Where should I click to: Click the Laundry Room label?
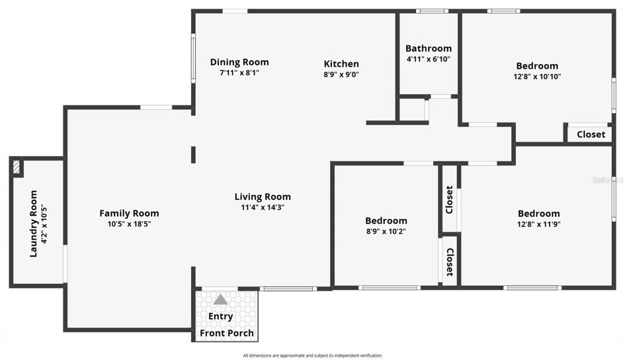pyautogui.click(x=33, y=224)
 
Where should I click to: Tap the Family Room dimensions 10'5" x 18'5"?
pyautogui.click(x=129, y=224)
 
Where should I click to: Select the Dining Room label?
pyautogui.click(x=239, y=62)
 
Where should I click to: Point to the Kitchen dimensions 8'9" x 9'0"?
pyautogui.click(x=341, y=75)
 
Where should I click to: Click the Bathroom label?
pyautogui.click(x=428, y=48)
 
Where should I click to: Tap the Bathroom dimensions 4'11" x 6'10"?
pyautogui.click(x=428, y=59)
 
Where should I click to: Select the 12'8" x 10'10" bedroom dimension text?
pyautogui.click(x=537, y=77)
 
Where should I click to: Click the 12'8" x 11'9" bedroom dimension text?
pyautogui.click(x=539, y=224)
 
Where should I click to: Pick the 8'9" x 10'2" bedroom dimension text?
pyautogui.click(x=386, y=232)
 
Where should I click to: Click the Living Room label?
pyautogui.click(x=263, y=197)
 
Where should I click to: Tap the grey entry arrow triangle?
pyautogui.click(x=221, y=299)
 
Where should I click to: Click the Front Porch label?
pyautogui.click(x=227, y=333)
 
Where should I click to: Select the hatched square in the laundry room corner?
pyautogui.click(x=17, y=167)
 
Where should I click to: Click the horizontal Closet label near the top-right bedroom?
pyautogui.click(x=591, y=134)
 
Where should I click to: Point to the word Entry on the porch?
pyautogui.click(x=221, y=316)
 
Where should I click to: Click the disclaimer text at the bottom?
pyautogui.click(x=312, y=356)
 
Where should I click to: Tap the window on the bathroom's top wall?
pyautogui.click(x=432, y=11)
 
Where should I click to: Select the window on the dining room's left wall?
pyautogui.click(x=193, y=58)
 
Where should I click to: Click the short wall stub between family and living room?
pyautogui.click(x=193, y=154)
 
